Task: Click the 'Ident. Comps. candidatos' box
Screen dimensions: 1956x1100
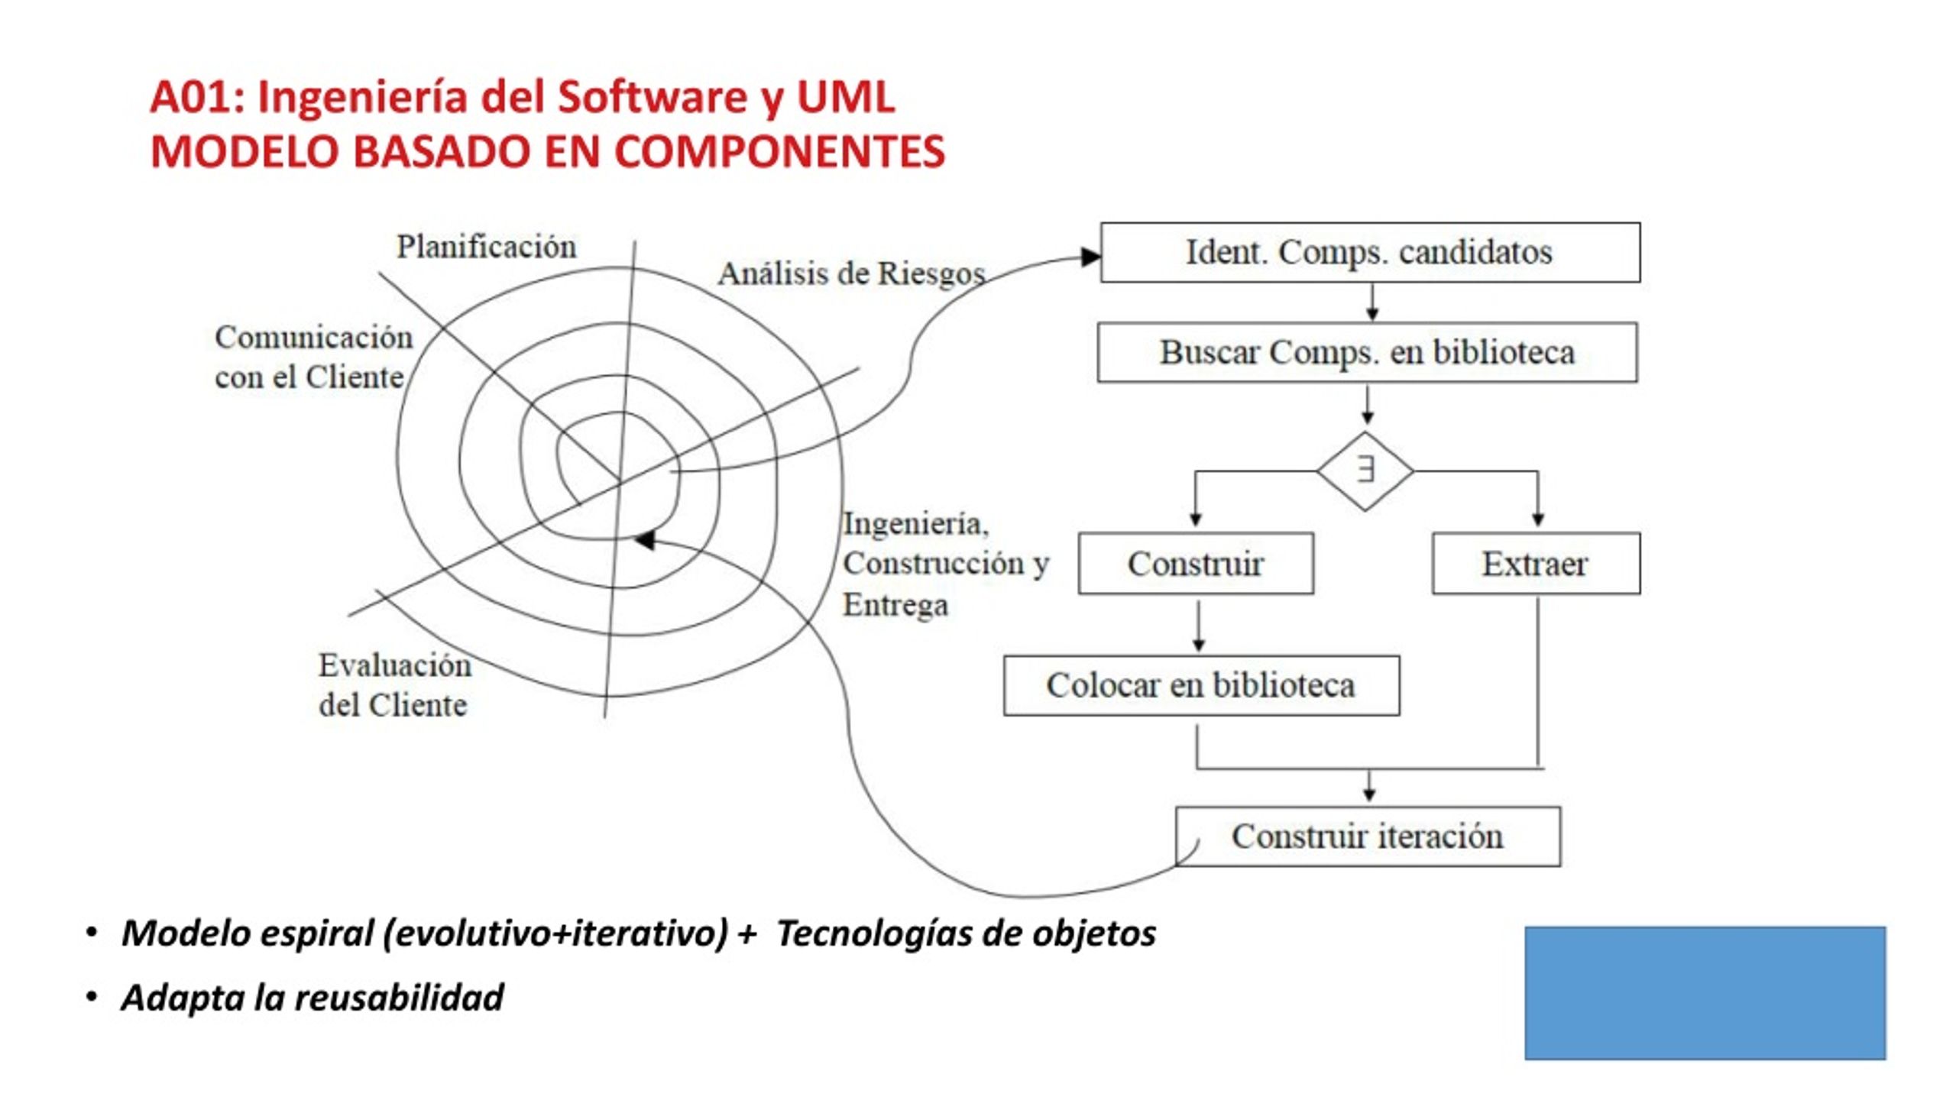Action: tap(1370, 253)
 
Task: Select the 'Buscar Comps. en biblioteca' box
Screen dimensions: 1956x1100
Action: tap(1367, 352)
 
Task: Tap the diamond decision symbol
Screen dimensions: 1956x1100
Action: tap(1365, 471)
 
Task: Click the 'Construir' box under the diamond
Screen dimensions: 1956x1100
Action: tap(1196, 564)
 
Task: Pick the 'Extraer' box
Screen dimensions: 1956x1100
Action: tap(1536, 564)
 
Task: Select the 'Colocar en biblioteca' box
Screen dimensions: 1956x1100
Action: tap(1201, 685)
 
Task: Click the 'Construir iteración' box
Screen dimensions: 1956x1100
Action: tap(1368, 836)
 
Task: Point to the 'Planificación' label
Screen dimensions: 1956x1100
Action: tap(486, 247)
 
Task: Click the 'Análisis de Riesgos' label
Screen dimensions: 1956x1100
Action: tap(851, 273)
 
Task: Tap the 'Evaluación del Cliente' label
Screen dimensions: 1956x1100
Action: tap(394, 684)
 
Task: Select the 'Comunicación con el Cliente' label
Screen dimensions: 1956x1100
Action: tap(313, 357)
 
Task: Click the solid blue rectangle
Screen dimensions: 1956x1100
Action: tap(1705, 993)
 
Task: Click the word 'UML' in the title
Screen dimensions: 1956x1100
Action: tap(845, 97)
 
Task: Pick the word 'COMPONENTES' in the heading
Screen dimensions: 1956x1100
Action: tap(779, 151)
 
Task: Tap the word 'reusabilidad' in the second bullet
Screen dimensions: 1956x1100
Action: tap(399, 997)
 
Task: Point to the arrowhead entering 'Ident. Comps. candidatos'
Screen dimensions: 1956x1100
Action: tap(1091, 257)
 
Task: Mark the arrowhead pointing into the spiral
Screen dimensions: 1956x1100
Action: tap(644, 540)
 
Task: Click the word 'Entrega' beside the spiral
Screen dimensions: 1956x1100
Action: tap(895, 605)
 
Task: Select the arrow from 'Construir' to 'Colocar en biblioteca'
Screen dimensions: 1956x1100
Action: tap(1198, 626)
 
